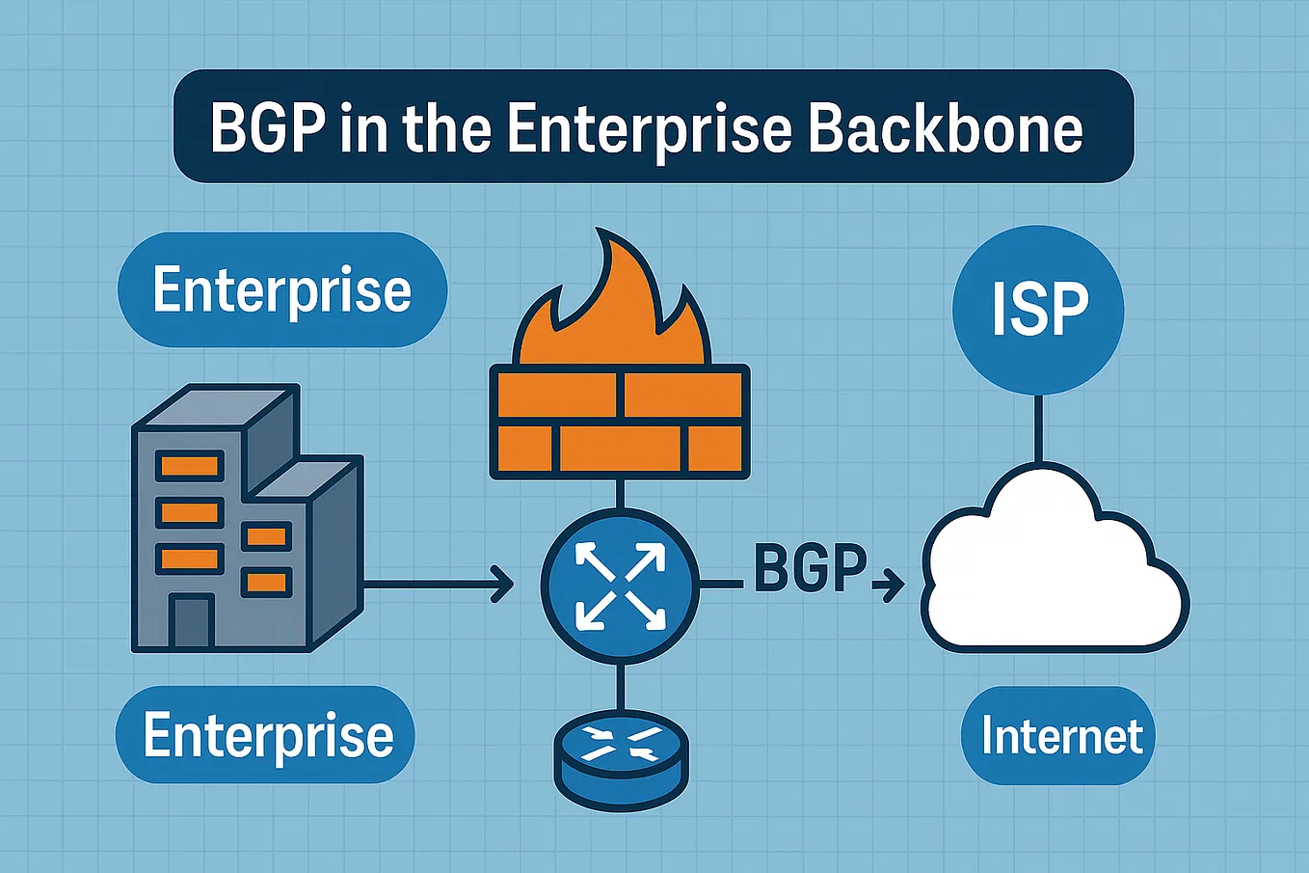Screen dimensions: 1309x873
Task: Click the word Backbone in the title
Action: coord(947,128)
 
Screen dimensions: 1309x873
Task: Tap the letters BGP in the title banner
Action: coord(268,128)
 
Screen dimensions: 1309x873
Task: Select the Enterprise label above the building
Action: coord(282,290)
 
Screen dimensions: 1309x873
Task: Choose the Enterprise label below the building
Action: coord(265,734)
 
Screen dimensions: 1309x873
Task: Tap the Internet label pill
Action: coord(1058,735)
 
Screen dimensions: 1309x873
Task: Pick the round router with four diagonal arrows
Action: coord(620,587)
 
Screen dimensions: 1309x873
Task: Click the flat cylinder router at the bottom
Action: coord(621,760)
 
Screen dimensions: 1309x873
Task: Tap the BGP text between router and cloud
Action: coord(811,568)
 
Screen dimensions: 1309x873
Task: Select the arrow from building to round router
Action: coord(439,584)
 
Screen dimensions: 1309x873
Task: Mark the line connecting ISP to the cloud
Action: coord(1038,428)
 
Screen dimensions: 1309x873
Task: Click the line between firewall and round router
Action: coord(620,494)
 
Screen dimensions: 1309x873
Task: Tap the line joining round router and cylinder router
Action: coord(620,687)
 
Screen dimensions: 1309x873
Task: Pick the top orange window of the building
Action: coord(189,466)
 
